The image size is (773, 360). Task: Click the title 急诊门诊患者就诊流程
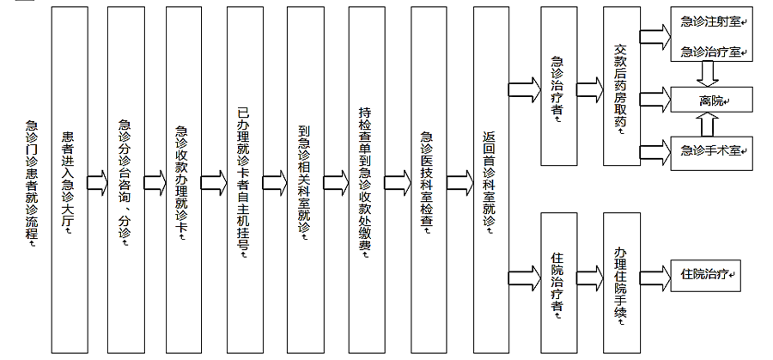(x=32, y=181)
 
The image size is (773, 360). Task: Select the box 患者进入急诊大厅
(x=70, y=180)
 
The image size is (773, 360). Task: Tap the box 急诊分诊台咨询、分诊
(x=125, y=180)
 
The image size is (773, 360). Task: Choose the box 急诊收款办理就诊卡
(x=184, y=180)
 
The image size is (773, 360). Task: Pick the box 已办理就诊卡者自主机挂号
(x=245, y=180)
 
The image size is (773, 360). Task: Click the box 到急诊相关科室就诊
(x=306, y=180)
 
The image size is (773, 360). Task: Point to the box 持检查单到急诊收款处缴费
(x=367, y=180)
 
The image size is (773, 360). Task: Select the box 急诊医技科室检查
(x=429, y=180)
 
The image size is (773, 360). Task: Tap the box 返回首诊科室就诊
(x=491, y=180)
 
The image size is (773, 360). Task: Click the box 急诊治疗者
(x=558, y=86)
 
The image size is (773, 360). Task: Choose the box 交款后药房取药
(x=622, y=86)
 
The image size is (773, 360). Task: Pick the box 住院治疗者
(x=558, y=283)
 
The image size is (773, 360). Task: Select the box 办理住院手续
(x=622, y=283)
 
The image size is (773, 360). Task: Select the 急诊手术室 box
(x=711, y=153)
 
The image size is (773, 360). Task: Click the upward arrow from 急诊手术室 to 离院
(x=708, y=124)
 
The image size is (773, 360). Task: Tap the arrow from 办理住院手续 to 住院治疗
(x=655, y=275)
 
